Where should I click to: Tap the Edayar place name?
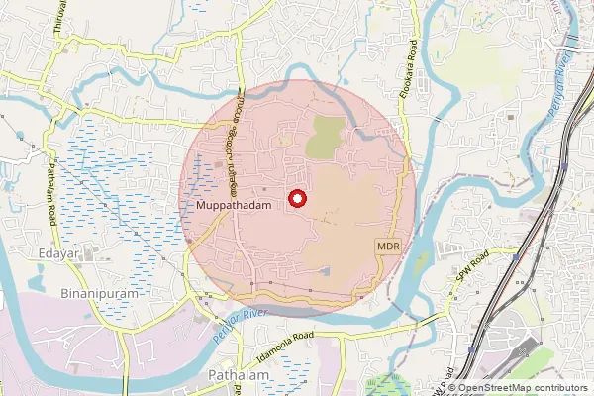[28, 254]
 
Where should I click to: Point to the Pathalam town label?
[236, 375]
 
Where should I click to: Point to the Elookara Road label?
[406, 75]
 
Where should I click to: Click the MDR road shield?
[387, 245]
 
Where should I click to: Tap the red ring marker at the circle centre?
[295, 200]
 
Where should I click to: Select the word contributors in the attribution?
[562, 388]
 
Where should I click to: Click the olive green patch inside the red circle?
[326, 139]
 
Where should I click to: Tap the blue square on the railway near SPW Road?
[516, 255]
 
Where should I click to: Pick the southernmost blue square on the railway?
[469, 348]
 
